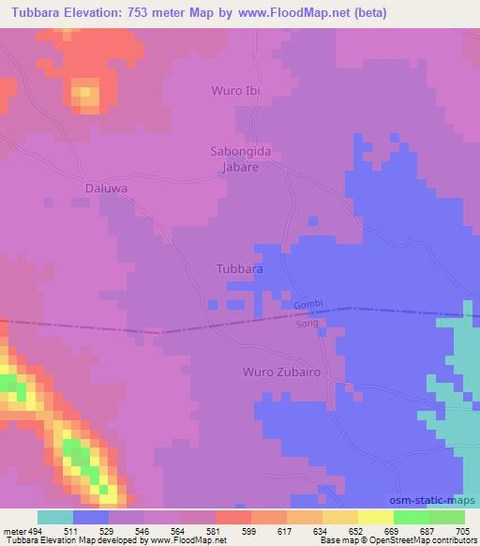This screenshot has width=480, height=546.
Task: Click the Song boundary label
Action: [307, 324]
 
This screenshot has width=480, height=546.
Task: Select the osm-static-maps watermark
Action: [432, 499]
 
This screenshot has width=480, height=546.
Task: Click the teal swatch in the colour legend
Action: [55, 517]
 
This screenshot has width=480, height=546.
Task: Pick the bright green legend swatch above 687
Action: [412, 517]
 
